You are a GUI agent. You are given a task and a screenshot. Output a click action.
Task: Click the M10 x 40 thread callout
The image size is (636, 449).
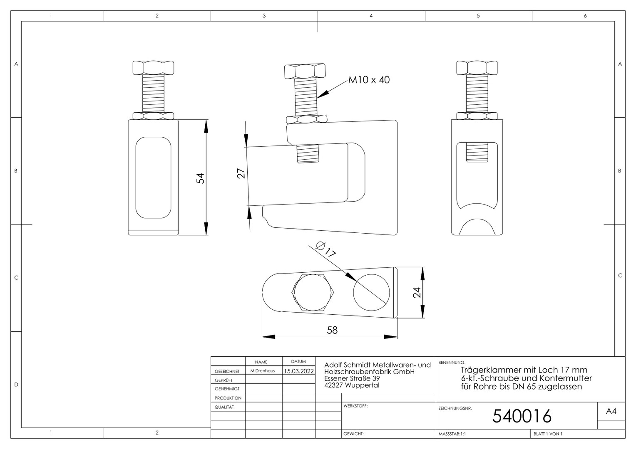[x=369, y=80]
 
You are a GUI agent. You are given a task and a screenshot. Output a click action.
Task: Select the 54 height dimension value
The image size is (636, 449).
[x=201, y=178]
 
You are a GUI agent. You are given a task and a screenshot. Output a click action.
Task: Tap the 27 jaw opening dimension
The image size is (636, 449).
[x=241, y=173]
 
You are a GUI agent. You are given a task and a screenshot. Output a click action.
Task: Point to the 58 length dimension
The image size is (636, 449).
[x=332, y=330]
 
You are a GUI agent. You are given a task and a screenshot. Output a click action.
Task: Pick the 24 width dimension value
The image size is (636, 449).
[x=417, y=292]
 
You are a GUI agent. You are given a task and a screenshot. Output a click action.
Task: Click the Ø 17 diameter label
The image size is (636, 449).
[x=326, y=249]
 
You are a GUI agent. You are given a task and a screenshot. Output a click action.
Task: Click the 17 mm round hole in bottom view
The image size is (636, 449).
[x=371, y=292]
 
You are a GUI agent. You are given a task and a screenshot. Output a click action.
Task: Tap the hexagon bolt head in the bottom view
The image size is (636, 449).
[x=313, y=292]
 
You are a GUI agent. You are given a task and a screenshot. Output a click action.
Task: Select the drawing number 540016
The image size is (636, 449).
[x=522, y=416]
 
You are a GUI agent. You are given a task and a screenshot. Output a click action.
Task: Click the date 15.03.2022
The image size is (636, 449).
[x=299, y=371]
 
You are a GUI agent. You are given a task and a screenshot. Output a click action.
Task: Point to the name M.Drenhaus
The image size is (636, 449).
[x=263, y=371]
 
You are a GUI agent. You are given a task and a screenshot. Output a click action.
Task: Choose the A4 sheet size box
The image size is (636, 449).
[x=611, y=411]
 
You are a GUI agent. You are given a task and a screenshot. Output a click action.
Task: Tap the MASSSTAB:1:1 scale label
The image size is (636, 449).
[x=452, y=434]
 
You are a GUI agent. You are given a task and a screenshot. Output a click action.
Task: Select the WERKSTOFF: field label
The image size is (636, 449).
[x=355, y=406]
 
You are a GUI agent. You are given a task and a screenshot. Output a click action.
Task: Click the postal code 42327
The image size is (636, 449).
[x=333, y=385]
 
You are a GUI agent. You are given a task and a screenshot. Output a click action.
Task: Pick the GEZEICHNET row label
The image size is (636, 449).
[x=227, y=371]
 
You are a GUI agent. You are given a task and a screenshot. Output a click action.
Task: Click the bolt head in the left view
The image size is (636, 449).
[x=153, y=68]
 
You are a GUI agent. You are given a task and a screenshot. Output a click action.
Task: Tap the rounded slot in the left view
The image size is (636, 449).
[x=153, y=178]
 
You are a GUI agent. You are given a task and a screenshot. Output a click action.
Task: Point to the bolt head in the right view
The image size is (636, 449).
[x=477, y=68]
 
